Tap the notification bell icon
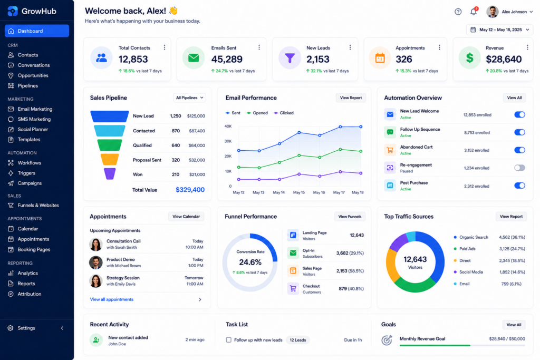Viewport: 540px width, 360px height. tap(474, 12)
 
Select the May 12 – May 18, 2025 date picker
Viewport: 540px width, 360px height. tap(500, 30)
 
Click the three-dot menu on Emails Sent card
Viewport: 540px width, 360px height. tap(259, 47)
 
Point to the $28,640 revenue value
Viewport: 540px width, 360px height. tap(504, 59)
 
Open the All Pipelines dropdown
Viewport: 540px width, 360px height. tap(189, 98)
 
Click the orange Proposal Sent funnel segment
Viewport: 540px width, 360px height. tap(110, 159)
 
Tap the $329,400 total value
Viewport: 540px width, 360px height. tap(190, 190)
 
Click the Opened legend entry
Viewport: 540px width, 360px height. tap(257, 113)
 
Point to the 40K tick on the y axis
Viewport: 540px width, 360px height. tap(228, 127)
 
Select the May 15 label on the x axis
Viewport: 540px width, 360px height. tap(298, 192)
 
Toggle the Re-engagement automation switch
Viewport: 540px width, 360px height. tap(519, 168)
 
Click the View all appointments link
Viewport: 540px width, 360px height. tap(112, 299)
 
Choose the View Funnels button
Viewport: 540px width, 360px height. tap(350, 217)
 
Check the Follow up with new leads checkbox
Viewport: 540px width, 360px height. tap(229, 339)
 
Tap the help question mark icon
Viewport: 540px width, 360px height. tap(458, 12)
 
